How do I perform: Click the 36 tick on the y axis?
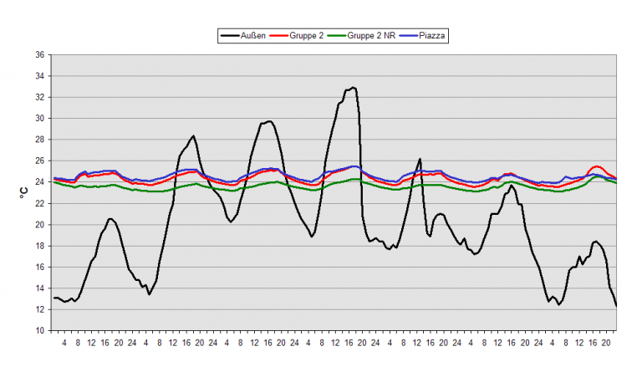(x=39, y=55)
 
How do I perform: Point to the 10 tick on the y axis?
(x=39, y=331)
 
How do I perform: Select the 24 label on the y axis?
(x=39, y=182)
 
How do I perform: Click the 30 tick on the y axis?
(x=39, y=119)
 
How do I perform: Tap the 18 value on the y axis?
(x=39, y=246)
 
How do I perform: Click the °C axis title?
(x=23, y=192)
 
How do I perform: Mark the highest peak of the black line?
(x=354, y=87)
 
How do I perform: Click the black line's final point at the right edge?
(x=616, y=305)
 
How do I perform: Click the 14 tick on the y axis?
(x=39, y=288)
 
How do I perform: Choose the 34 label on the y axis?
(x=39, y=76)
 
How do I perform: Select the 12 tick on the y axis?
(x=39, y=309)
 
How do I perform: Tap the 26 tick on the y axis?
(x=39, y=161)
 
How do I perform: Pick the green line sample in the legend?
(x=334, y=36)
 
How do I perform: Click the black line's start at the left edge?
(x=53, y=298)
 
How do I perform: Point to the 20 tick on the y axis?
(x=39, y=225)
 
